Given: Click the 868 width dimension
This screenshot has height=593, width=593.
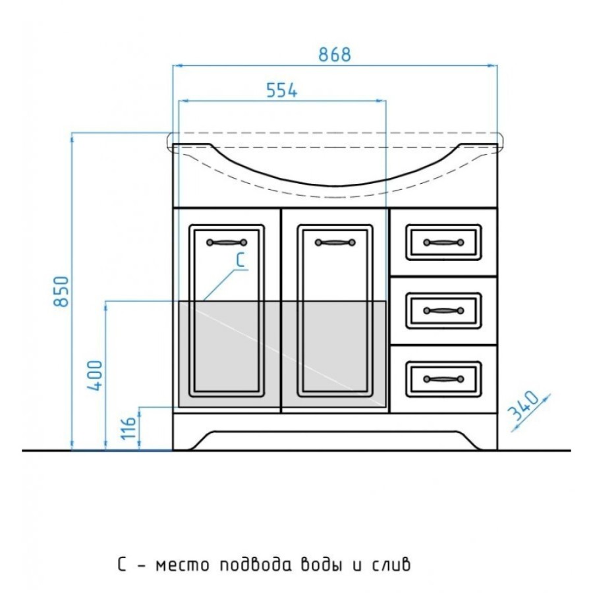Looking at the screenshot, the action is pos(334,55).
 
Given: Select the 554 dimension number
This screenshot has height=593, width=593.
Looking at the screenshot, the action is pos(282,90).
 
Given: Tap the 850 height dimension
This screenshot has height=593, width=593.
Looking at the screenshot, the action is pos(62,291).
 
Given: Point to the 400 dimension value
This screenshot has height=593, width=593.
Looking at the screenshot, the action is pos(95,376).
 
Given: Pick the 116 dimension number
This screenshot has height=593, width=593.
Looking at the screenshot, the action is pos(128,428).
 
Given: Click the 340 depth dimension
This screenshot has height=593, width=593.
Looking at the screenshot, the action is pos(523,406).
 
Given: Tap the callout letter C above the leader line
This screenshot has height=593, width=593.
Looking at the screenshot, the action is pos(240,260).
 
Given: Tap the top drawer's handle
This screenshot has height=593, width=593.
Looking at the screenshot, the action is pos(443,242).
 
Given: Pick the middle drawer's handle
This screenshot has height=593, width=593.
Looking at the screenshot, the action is pos(443,310).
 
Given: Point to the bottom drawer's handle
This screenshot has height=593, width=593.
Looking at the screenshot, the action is pos(443,379).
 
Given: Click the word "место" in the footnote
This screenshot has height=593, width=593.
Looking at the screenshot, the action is pos(183,566).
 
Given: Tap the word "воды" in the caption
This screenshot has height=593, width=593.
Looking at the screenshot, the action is pos(321,565).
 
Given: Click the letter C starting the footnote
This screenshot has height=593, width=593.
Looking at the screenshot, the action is pos(122,565).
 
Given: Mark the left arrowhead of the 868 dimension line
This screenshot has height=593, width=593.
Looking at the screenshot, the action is pos(178,66).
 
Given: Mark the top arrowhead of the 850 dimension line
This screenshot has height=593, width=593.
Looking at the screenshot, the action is pos(72,138).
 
